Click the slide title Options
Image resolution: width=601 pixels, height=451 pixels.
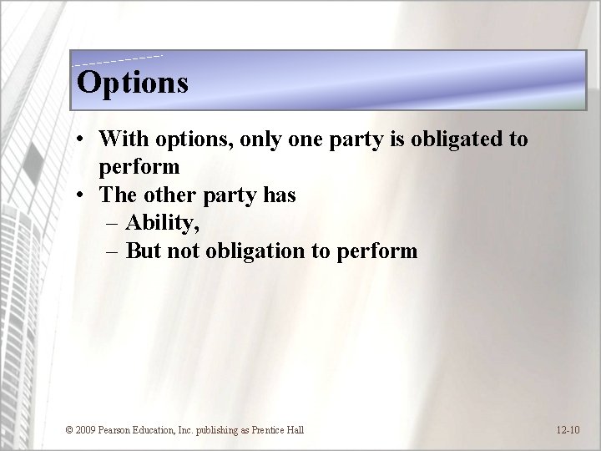(x=132, y=83)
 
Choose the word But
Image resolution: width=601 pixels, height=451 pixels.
(x=143, y=251)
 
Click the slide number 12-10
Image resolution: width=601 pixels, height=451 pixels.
(x=568, y=430)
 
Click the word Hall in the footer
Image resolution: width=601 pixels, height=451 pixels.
(x=295, y=430)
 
